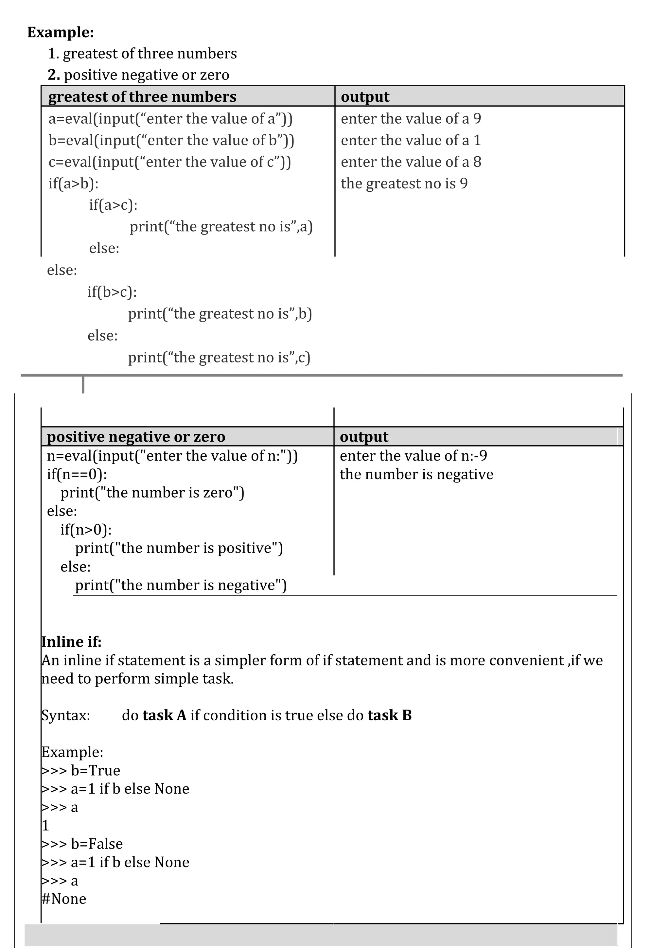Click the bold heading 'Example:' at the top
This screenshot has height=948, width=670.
tap(61, 32)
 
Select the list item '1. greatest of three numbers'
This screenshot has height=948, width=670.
tap(142, 54)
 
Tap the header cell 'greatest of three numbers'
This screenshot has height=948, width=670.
tap(142, 97)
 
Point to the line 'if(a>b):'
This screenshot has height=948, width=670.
tap(74, 183)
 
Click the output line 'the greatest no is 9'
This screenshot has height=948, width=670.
tap(404, 183)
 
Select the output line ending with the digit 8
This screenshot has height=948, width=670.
tap(411, 162)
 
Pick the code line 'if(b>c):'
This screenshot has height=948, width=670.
tap(112, 292)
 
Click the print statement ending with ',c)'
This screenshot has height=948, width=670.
tap(219, 357)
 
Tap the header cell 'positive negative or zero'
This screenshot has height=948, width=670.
tap(136, 437)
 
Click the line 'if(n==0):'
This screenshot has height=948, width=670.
tap(77, 474)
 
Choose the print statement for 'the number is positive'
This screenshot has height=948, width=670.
tap(179, 548)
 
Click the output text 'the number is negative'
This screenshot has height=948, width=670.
tap(416, 474)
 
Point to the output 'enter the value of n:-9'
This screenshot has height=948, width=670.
tap(413, 456)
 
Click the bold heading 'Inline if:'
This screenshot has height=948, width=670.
tap(71, 641)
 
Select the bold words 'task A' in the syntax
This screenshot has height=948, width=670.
tap(164, 715)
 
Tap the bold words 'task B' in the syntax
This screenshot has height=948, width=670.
tap(389, 715)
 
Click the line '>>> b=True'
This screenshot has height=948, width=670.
tap(81, 770)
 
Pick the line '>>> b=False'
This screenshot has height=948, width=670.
tap(82, 844)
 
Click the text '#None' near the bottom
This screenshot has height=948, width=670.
tap(64, 899)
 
